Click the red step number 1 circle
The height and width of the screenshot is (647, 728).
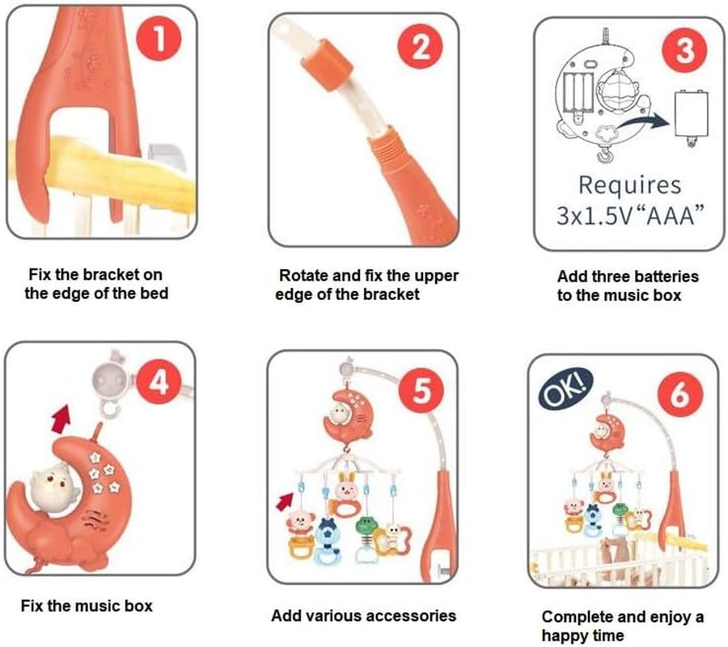159,38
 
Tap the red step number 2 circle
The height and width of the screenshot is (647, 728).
420,46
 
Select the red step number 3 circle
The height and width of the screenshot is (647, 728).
684,49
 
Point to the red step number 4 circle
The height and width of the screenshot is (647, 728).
159,383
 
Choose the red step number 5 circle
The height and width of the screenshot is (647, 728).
421,390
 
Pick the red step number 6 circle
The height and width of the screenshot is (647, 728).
680,395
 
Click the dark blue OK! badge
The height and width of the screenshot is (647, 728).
565,388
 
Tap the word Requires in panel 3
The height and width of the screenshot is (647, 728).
629,185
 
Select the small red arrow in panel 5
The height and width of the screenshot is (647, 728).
285,501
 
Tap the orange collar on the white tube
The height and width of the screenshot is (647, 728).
327,65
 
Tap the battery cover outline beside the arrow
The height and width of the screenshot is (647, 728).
692,114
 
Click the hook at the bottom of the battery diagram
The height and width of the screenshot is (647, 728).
604,154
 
